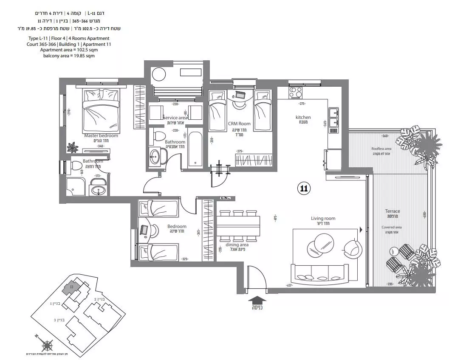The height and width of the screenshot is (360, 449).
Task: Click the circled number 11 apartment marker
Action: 303,188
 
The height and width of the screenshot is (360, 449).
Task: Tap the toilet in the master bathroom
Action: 76,166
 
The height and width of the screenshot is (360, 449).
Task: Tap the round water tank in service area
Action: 159,75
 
